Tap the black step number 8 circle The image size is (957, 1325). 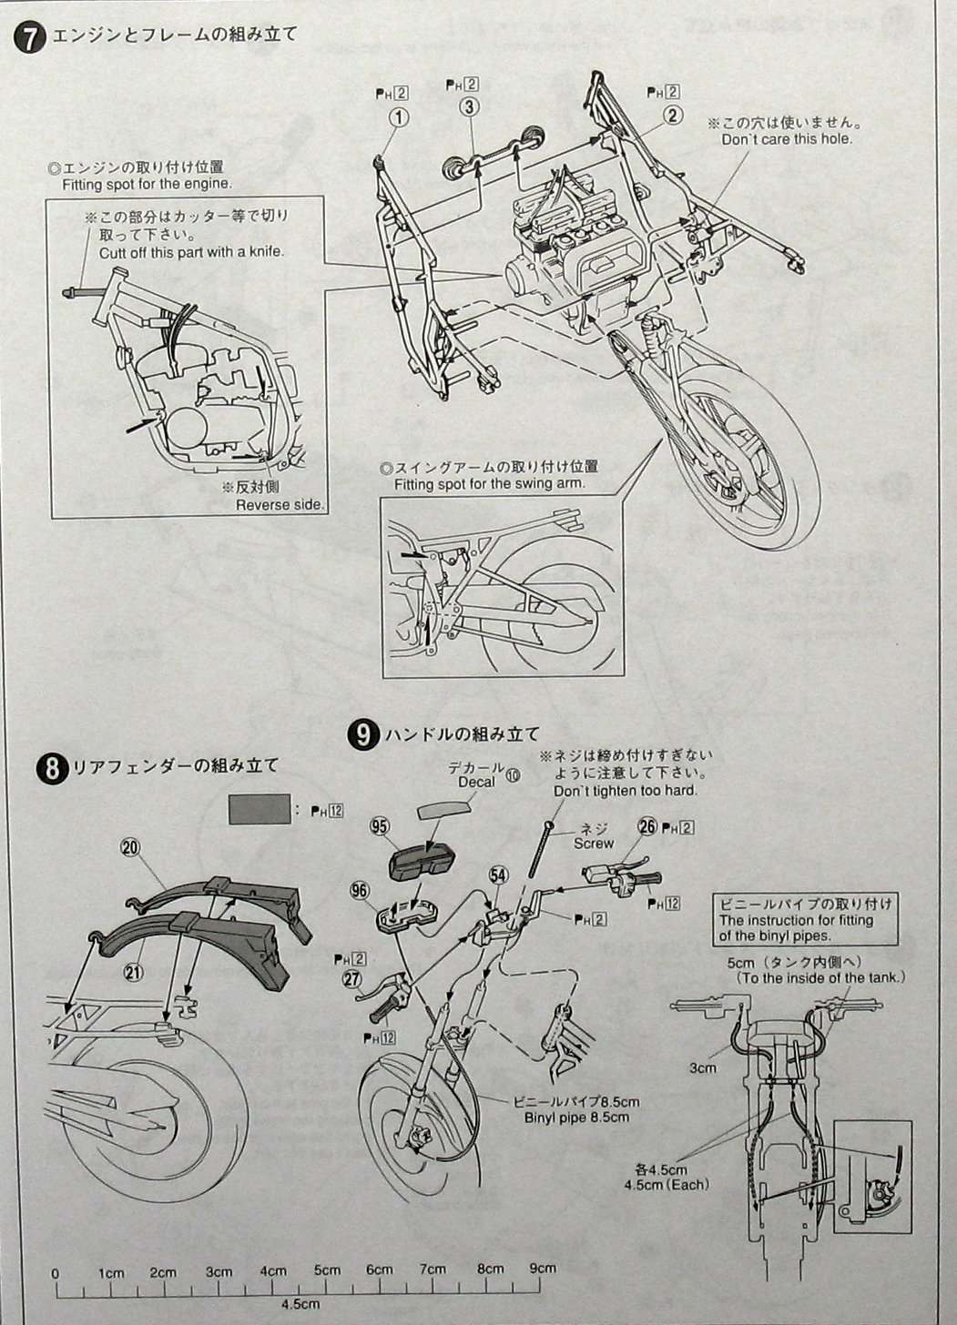point(52,770)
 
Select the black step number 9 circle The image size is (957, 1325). point(362,734)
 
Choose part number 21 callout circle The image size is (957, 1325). point(134,971)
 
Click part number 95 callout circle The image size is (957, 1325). point(381,826)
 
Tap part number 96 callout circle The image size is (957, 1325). point(361,890)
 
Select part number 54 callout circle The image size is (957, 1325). point(497,874)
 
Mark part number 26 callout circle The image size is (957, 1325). point(646,826)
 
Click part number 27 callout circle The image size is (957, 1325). point(351,978)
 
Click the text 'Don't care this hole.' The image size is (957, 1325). point(787,139)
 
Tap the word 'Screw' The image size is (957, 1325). point(593,844)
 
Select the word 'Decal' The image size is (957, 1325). point(477,782)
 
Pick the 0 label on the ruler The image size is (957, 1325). point(56,1272)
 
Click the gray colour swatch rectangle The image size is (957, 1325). point(260,807)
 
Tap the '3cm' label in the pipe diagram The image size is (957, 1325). point(702,1067)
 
